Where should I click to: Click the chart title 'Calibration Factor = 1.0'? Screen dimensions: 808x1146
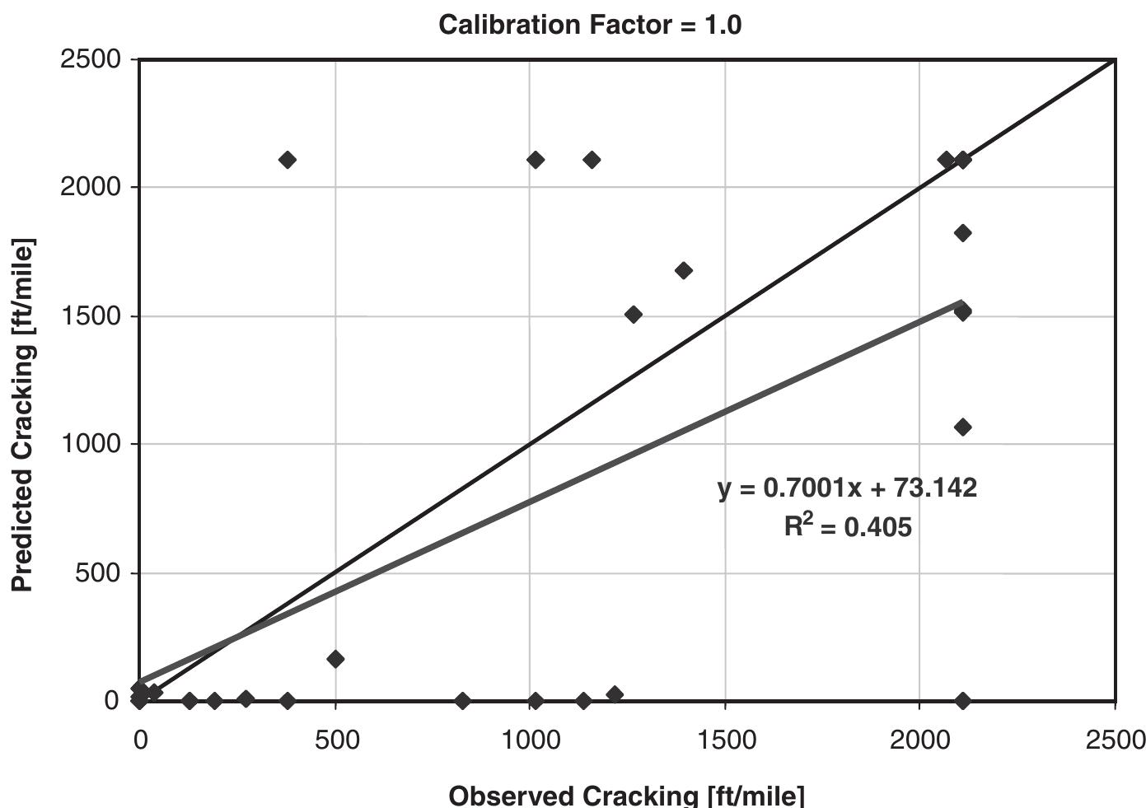[x=590, y=25]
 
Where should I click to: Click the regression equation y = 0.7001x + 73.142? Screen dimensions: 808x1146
[x=847, y=488]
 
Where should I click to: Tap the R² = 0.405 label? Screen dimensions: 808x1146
[x=847, y=525]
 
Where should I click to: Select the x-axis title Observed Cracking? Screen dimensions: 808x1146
[x=626, y=795]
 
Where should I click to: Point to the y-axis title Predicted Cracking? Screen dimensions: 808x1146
[x=23, y=415]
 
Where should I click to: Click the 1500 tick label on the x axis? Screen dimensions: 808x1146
[x=725, y=740]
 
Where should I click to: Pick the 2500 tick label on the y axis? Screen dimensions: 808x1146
[x=91, y=59]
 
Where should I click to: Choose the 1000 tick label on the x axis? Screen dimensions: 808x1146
[x=530, y=740]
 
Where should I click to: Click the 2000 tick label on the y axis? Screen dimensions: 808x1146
[x=91, y=187]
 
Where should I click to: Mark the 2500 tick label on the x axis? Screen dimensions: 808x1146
[x=1115, y=740]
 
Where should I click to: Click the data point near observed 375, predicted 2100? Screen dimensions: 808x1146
[x=287, y=160]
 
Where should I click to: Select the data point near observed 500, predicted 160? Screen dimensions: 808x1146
[x=335, y=659]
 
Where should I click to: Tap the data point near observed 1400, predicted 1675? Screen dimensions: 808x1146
[x=683, y=270]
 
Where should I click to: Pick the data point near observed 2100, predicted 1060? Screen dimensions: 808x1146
[x=962, y=427]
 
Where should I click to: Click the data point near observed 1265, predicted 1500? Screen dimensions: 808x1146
[x=633, y=314]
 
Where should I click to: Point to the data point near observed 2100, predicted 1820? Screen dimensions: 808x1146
[x=962, y=233]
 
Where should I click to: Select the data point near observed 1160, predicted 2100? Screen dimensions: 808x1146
[x=592, y=160]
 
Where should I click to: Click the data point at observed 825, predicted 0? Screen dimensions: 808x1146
[x=462, y=701]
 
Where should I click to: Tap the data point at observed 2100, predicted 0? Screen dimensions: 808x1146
[x=962, y=701]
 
